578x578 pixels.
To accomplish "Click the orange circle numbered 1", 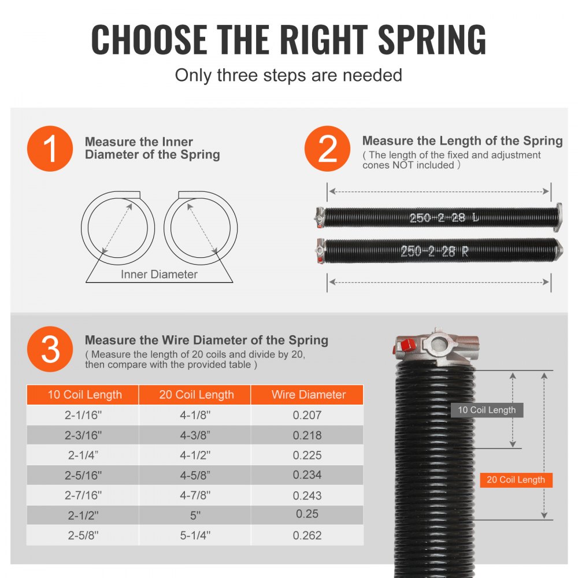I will point(50,149).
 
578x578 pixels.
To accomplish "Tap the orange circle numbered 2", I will point(328,149).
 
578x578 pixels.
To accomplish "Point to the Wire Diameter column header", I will point(308,395).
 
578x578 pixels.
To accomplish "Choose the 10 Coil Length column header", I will point(84,395).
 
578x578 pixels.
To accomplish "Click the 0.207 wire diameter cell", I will point(307,415).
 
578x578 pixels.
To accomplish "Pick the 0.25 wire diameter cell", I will point(307,514).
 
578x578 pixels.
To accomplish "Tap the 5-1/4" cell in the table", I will point(196,535).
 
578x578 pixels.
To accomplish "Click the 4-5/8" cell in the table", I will point(196,475).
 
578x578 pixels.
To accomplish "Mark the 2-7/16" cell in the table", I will point(84,495).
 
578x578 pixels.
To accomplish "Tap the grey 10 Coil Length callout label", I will point(487,410).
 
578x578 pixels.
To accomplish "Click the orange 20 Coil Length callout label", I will point(516,480).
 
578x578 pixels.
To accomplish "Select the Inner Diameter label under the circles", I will point(159,275).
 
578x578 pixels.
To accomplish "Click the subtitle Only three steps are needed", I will point(288,75).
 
